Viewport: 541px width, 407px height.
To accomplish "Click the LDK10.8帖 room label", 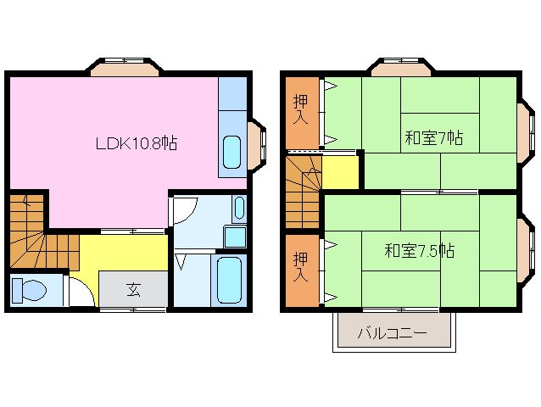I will pyautogui.click(x=136, y=143).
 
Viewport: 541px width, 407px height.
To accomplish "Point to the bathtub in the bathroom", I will pyautogui.click(x=230, y=280).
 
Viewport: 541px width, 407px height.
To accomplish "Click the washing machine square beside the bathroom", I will pyautogui.click(x=235, y=236).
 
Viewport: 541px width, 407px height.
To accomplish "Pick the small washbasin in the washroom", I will pyautogui.click(x=239, y=207).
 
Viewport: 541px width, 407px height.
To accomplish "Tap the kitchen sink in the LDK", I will pyautogui.click(x=231, y=151).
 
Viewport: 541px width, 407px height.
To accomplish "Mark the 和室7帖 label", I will pyautogui.click(x=432, y=138).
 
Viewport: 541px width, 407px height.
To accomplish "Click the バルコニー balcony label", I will pyautogui.click(x=392, y=333).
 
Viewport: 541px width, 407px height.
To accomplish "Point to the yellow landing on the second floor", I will pyautogui.click(x=340, y=172).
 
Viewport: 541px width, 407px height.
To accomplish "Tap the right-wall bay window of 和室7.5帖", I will pyautogui.click(x=526, y=246).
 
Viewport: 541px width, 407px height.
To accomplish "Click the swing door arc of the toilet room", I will pyautogui.click(x=80, y=293).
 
